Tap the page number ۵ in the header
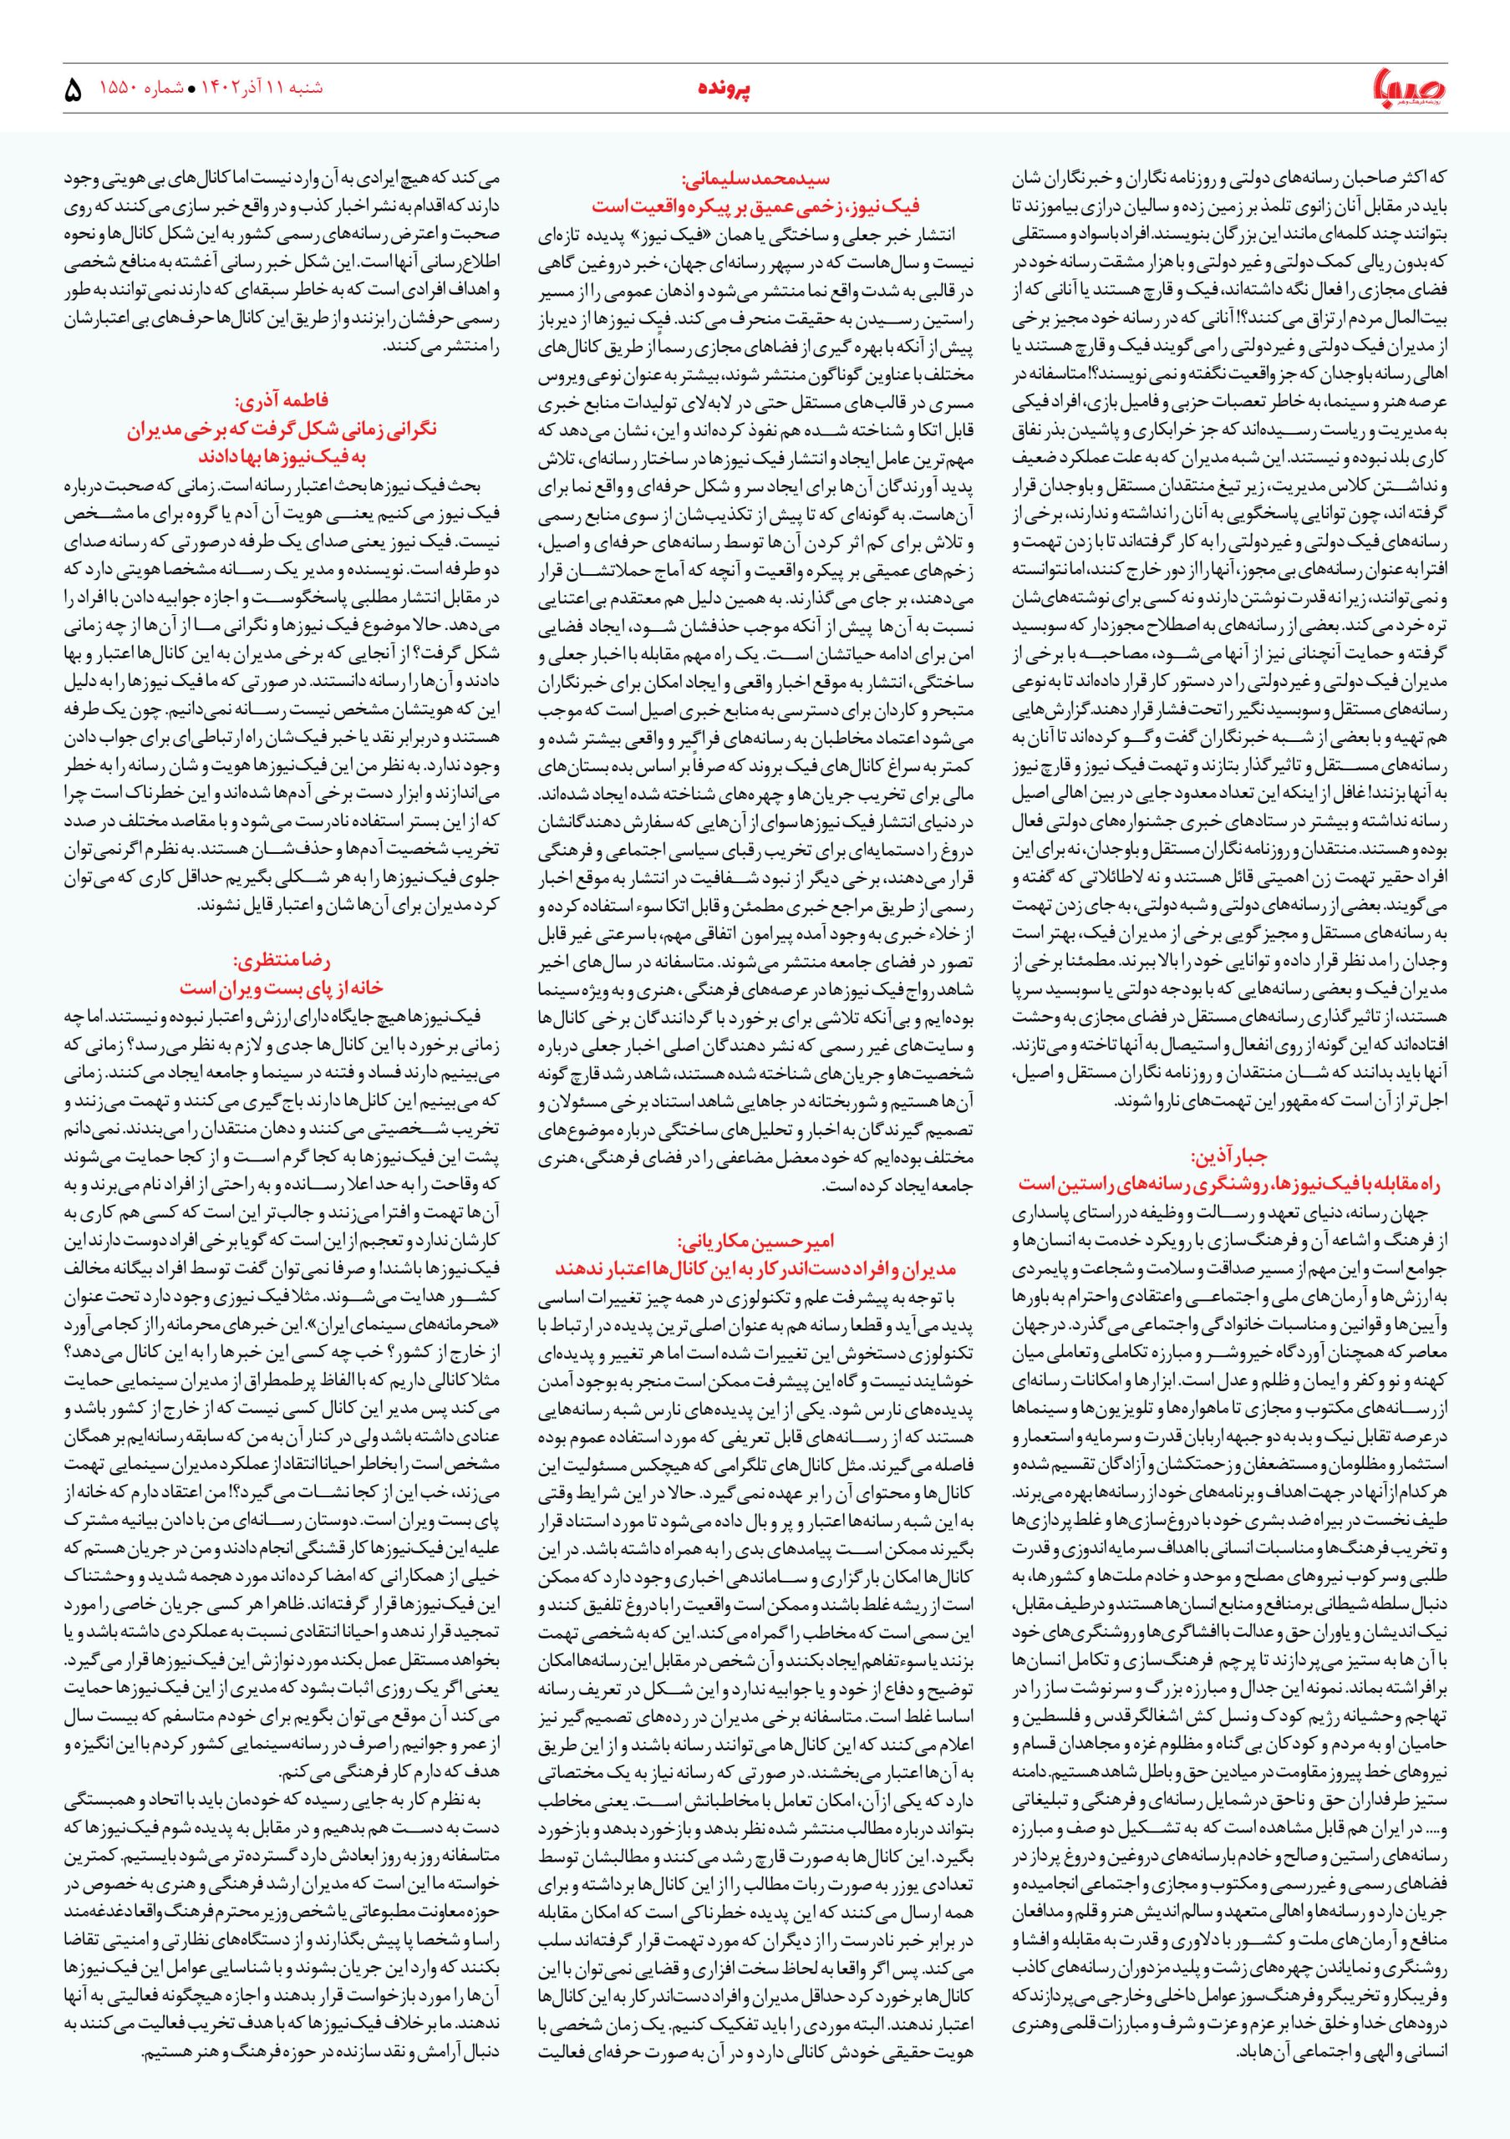pyautogui.click(x=73, y=90)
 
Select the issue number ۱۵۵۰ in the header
pyautogui.click(x=116, y=89)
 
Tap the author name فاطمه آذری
pyautogui.click(x=282, y=403)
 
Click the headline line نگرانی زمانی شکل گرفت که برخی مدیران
pyautogui.click(x=282, y=429)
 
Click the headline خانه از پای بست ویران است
pyautogui.click(x=282, y=987)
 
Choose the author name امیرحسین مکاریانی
pyautogui.click(x=755, y=1242)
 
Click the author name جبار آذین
pyautogui.click(x=1229, y=1157)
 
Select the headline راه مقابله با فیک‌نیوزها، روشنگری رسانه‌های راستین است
pyautogui.click(x=1229, y=1183)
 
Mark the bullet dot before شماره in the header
pyautogui.click(x=193, y=90)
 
